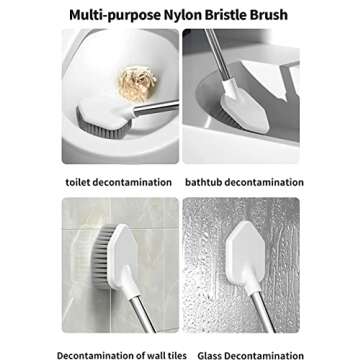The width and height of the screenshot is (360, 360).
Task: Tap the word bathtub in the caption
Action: point(206,183)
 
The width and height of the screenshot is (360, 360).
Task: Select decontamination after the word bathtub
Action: point(267,183)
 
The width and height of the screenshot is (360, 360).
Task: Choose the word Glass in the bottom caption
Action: point(213,354)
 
